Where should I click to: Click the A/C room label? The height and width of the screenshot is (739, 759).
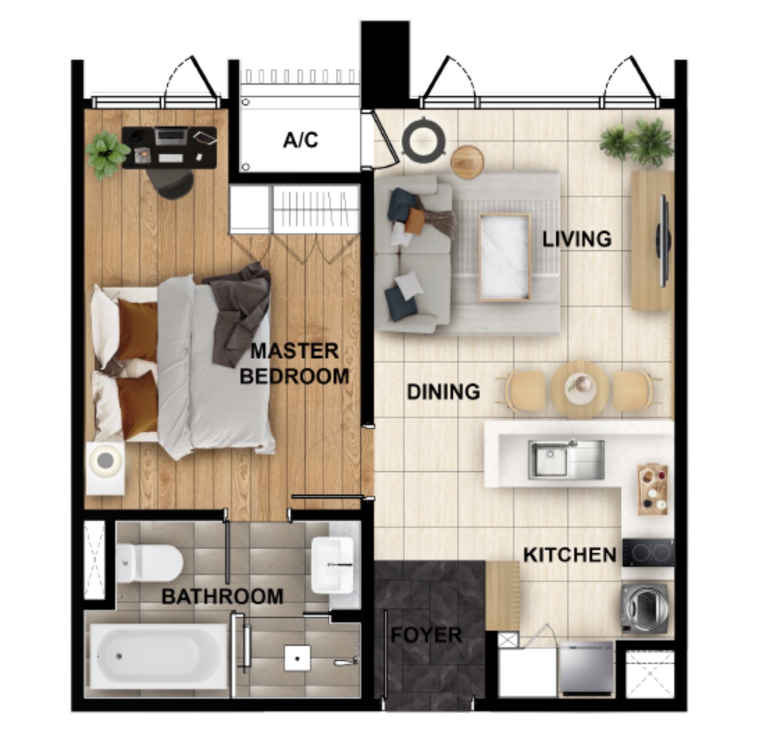coord(300,140)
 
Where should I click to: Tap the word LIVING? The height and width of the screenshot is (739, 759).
coord(577,239)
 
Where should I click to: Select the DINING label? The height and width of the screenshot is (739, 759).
coord(443,391)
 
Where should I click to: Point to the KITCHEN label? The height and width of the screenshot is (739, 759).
coord(570,555)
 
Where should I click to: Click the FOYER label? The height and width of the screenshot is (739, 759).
coord(426,635)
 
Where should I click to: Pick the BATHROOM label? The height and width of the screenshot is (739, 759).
coord(222,597)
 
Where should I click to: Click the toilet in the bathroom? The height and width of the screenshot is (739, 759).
coord(149,563)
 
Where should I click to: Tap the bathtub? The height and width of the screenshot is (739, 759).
coord(158,656)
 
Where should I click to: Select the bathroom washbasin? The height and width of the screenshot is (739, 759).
coord(332,565)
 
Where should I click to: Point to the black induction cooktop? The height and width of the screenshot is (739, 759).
coord(648,552)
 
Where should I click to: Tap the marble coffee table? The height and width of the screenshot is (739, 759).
coord(505,257)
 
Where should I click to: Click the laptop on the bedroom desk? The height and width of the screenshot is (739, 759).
coord(170,136)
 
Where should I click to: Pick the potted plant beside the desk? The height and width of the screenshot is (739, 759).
coord(107,153)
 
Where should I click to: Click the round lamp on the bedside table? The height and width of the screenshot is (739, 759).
coord(105,460)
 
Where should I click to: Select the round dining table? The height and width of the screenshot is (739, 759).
coord(580,388)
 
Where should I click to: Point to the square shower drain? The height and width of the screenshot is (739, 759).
coord(297,658)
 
